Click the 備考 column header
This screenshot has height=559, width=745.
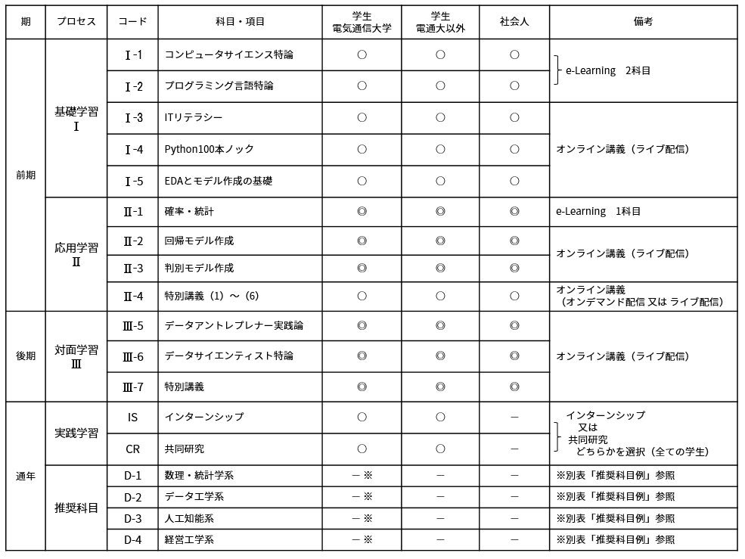[643, 22]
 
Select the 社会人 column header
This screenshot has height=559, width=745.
[514, 22]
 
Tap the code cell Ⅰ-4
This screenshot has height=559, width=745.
[133, 149]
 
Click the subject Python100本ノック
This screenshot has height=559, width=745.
[210, 149]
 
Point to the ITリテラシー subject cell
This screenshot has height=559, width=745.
[194, 117]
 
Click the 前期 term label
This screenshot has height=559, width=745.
[26, 175]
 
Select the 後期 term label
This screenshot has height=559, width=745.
[26, 356]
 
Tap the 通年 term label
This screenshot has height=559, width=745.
[26, 477]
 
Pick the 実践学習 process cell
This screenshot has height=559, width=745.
[76, 433]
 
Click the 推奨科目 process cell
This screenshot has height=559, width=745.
[76, 508]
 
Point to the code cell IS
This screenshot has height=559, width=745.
[133, 417]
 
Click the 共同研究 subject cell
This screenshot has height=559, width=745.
[185, 449]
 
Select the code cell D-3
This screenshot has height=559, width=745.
[133, 518]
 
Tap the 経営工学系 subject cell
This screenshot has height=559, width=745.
[189, 539]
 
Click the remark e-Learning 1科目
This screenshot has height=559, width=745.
[598, 212]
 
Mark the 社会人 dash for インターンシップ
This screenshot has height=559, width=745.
[514, 417]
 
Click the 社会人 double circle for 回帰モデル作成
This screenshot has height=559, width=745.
[514, 241]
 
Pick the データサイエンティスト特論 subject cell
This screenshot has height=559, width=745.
[229, 356]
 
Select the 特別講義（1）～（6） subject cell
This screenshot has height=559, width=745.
[212, 296]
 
